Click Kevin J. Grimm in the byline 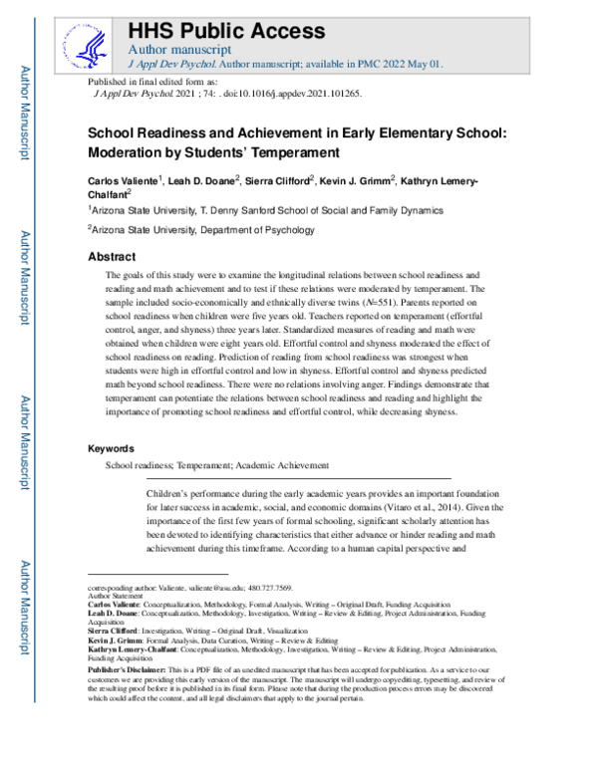366,181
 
